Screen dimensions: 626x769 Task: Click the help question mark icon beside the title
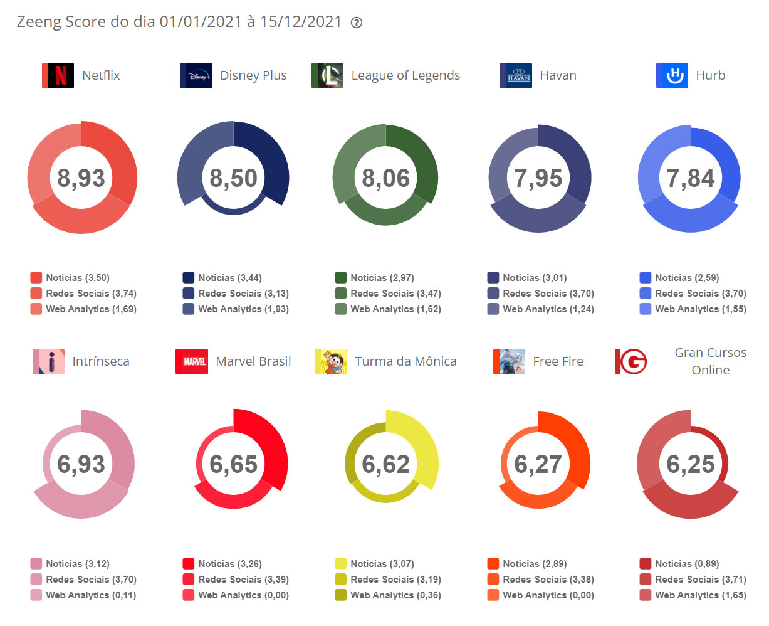coord(357,23)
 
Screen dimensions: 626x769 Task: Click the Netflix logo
coord(58,76)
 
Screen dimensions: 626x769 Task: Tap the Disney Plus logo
coord(196,76)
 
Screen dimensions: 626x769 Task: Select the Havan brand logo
coord(516,76)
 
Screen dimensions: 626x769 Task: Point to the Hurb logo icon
coord(672,76)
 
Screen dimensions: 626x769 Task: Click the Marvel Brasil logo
coord(192,362)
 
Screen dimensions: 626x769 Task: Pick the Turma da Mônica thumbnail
coord(331,362)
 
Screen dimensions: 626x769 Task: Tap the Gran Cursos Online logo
coord(630,362)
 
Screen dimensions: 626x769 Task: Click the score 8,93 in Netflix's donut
coord(81,178)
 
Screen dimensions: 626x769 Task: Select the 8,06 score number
coord(385,178)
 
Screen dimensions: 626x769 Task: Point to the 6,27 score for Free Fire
coord(538,464)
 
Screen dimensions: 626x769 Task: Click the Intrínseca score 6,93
coord(81,464)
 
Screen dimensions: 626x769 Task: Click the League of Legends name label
coord(405,76)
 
